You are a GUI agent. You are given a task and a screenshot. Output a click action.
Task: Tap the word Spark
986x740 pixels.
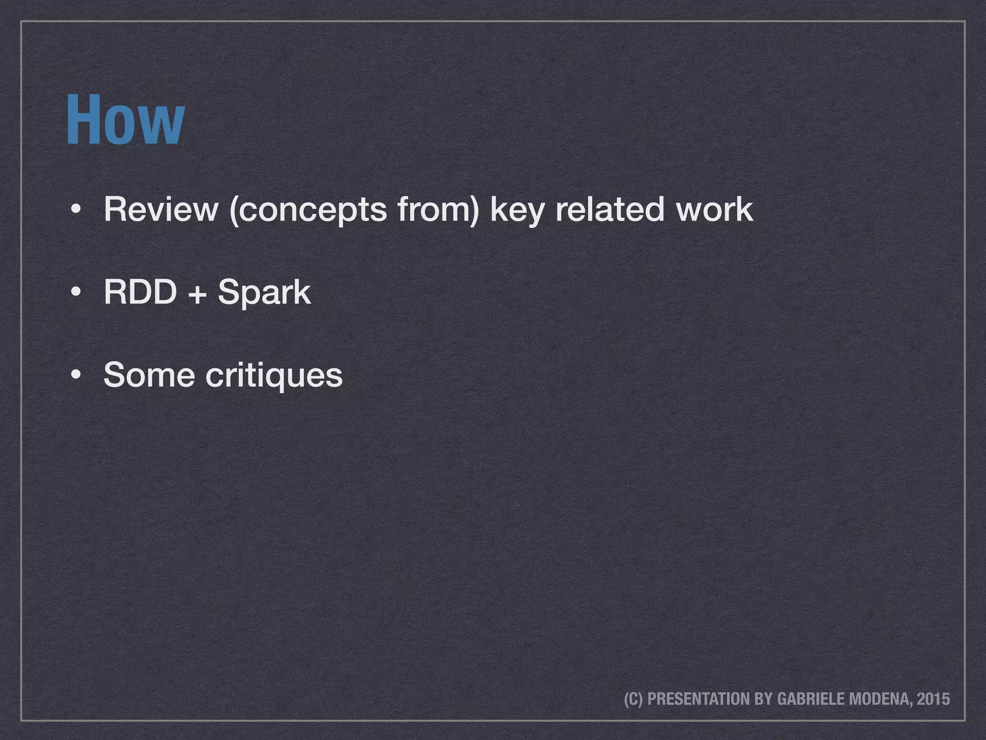pos(264,293)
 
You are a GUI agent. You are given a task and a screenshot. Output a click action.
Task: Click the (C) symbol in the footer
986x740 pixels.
pos(634,699)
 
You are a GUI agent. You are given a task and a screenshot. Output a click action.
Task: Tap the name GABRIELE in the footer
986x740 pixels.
pos(810,699)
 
